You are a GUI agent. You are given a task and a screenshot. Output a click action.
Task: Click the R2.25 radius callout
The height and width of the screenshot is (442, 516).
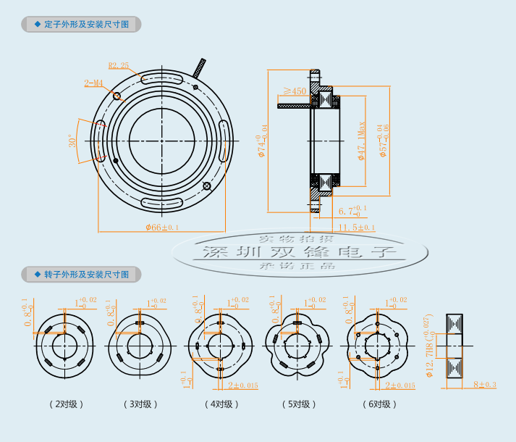(x=118, y=65)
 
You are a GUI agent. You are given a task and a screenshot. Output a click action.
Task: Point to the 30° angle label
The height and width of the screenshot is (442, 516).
(x=72, y=141)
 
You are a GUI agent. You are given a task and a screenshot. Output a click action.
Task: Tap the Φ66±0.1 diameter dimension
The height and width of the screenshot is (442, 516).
(x=162, y=227)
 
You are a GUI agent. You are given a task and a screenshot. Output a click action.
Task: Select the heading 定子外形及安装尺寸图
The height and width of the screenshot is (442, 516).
(x=86, y=24)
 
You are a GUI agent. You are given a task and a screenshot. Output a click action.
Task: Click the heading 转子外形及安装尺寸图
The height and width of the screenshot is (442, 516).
(x=86, y=275)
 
